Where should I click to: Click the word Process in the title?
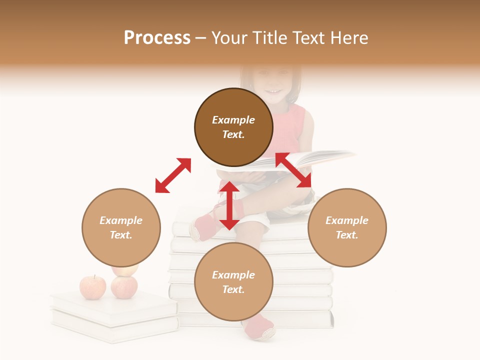click(x=157, y=38)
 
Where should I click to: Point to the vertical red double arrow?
click(x=229, y=205)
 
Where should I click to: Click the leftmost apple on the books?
click(x=93, y=287)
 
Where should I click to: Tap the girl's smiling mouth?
click(x=273, y=91)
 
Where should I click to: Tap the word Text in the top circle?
click(x=233, y=134)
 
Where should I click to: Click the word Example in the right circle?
click(x=347, y=220)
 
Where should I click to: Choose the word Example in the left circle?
click(x=121, y=220)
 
